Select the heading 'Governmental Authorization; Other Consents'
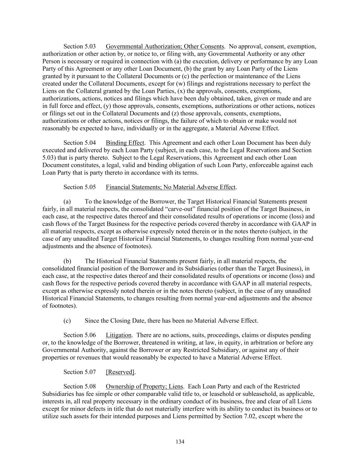coord(165,46)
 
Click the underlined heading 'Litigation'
coord(118,335)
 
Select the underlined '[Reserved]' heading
coord(120,372)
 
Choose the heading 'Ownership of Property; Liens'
coord(144,386)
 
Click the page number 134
coord(180,442)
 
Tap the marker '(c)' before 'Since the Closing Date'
coord(67,321)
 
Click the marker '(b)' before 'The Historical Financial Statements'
coord(67,261)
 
